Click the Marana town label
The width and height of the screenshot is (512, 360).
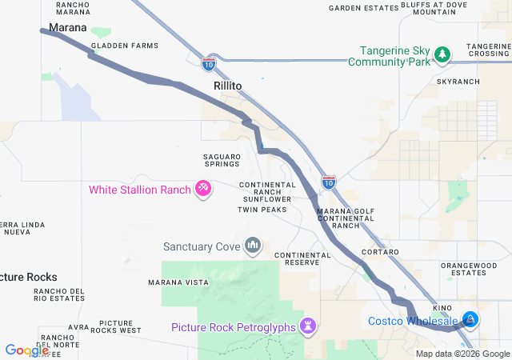click(67, 28)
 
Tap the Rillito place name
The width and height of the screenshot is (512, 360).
click(227, 85)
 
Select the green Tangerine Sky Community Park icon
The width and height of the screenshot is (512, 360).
click(442, 54)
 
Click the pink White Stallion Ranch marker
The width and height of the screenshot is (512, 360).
click(204, 189)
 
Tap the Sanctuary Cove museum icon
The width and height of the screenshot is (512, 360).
click(253, 245)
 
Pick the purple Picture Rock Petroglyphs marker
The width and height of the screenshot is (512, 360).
click(309, 326)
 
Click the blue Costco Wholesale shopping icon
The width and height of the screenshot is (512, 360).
click(470, 321)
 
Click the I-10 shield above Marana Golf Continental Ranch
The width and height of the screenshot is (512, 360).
click(328, 182)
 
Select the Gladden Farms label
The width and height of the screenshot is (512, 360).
click(124, 46)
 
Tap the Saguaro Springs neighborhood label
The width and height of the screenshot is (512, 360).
click(222, 158)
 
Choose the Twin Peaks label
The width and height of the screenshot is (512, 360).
click(262, 210)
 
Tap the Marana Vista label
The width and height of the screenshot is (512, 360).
click(178, 282)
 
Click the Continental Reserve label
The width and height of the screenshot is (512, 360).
click(302, 259)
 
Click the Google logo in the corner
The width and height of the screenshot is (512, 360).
click(26, 350)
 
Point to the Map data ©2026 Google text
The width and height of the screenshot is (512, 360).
click(462, 354)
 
